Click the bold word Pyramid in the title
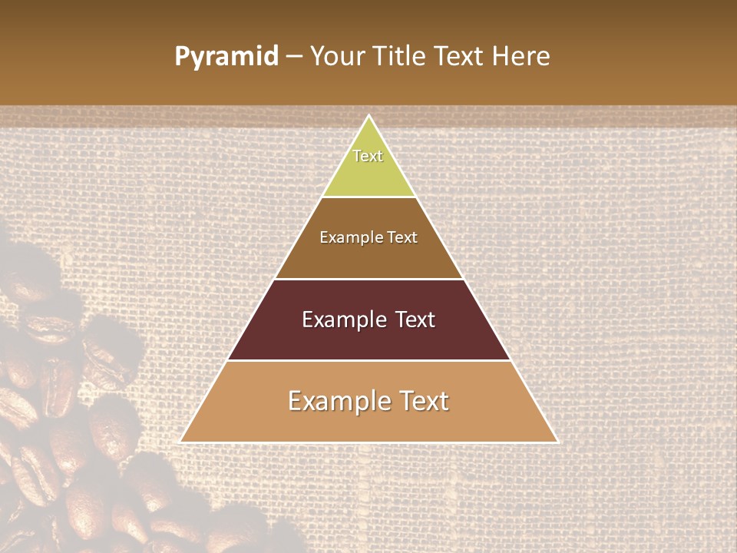[x=226, y=57]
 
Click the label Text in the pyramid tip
[x=368, y=156]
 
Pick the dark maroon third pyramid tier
[x=368, y=338]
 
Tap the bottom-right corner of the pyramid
[x=557, y=442]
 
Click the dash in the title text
[x=294, y=57]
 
